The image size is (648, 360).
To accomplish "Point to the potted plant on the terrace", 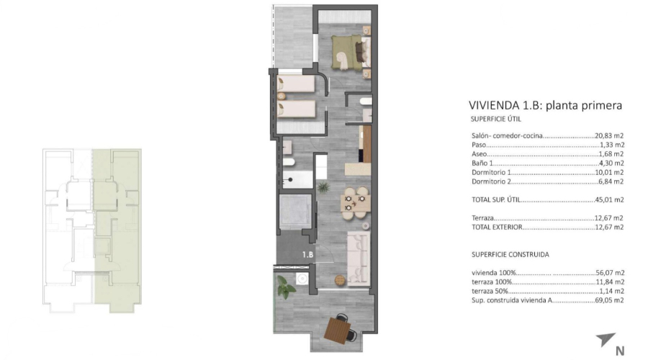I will coord(286,288).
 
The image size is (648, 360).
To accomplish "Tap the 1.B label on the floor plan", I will coord(307,254).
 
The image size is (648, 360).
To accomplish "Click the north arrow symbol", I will coord(606,338).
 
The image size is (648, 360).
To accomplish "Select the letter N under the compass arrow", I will coord(619,351).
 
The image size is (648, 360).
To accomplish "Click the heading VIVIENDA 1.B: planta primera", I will coord(545,106).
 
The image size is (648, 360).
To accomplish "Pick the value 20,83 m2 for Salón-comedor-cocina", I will coord(609,135).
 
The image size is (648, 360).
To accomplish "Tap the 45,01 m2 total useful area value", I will coord(609,200).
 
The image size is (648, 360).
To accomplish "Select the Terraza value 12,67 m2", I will coord(609,218).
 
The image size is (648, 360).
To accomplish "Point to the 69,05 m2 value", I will coord(609,300).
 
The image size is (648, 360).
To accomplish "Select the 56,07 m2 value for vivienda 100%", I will coord(609,272).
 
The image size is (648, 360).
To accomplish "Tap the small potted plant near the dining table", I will coord(323,187).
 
